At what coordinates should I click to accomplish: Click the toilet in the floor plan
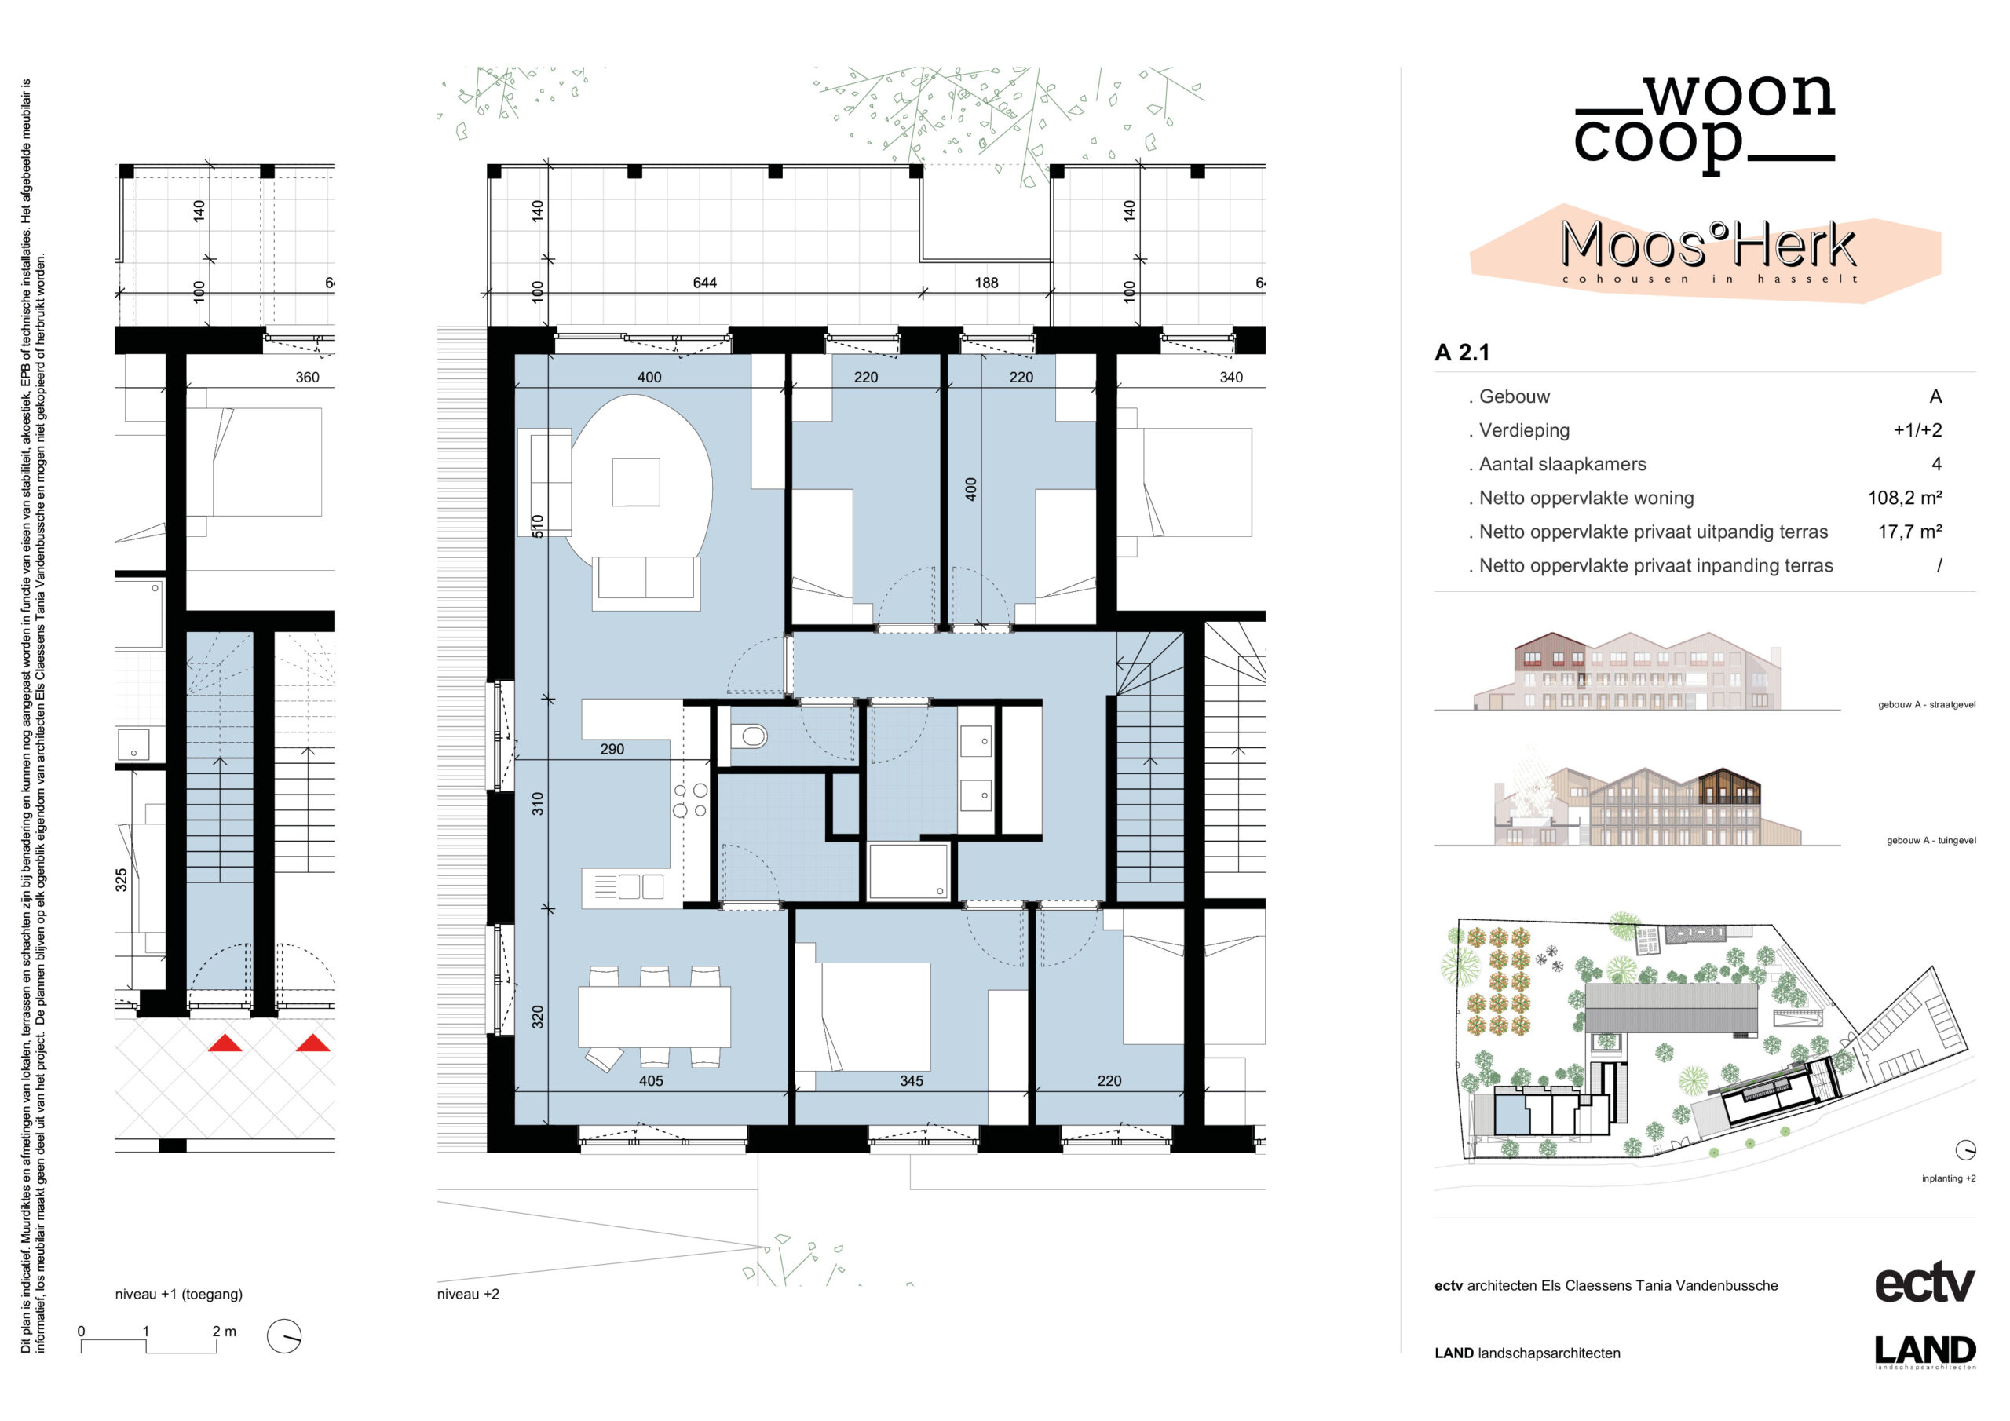pyautogui.click(x=751, y=736)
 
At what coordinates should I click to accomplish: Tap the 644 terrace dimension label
pyautogui.click(x=705, y=283)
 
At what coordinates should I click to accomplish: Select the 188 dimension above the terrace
pyautogui.click(x=987, y=283)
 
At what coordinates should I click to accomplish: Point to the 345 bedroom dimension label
pyautogui.click(x=912, y=1081)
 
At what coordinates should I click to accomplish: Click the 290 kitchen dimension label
pyautogui.click(x=612, y=750)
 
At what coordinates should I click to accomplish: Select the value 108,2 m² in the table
pyautogui.click(x=1905, y=499)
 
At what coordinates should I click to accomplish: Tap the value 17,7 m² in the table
pyautogui.click(x=1910, y=532)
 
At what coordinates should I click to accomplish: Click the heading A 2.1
pyautogui.click(x=1462, y=353)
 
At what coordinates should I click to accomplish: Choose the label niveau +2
pyautogui.click(x=469, y=1294)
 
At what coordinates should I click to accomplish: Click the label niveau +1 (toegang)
pyautogui.click(x=178, y=1294)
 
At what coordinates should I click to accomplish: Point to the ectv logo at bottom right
pyautogui.click(x=1925, y=1284)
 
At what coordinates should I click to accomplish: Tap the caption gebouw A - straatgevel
pyautogui.click(x=1927, y=705)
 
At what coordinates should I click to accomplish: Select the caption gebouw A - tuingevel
pyautogui.click(x=1931, y=841)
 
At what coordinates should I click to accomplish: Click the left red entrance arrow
pyautogui.click(x=225, y=1043)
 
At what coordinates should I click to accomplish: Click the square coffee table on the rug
pyautogui.click(x=635, y=482)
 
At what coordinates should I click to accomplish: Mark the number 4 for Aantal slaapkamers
pyautogui.click(x=1936, y=464)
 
